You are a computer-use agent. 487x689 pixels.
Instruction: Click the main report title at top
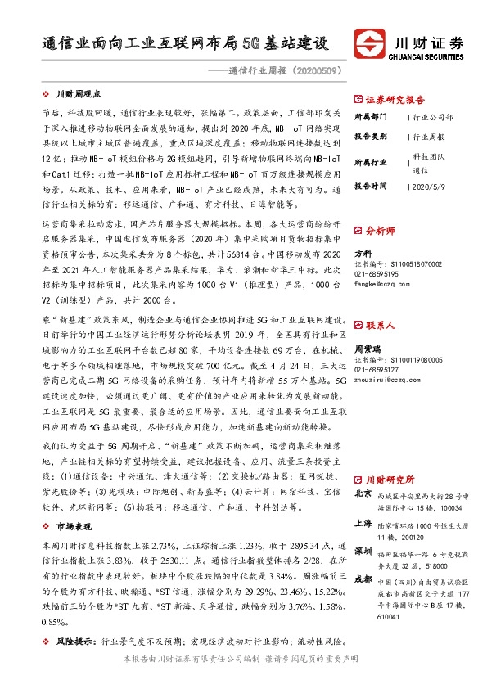coord(185,43)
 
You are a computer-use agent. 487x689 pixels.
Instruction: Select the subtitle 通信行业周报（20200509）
coord(277,70)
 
